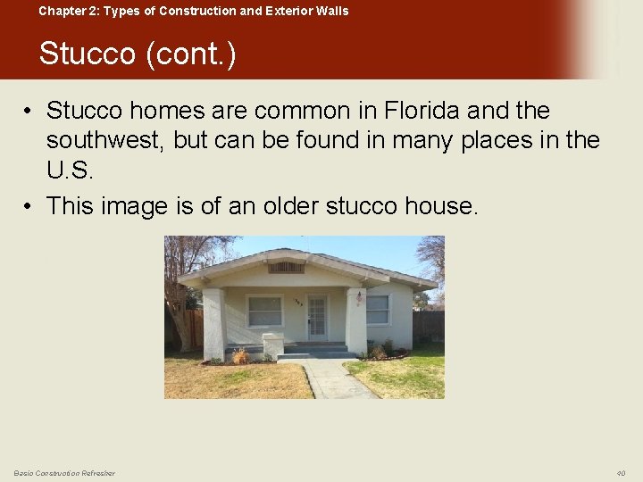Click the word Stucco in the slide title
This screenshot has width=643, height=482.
pyautogui.click(x=88, y=54)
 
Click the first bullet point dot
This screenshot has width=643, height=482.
pyautogui.click(x=30, y=112)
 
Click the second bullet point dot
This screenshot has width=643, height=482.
pyautogui.click(x=30, y=207)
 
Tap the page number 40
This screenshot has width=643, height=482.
pyautogui.click(x=621, y=473)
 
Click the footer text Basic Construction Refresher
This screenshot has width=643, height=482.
pyautogui.click(x=64, y=473)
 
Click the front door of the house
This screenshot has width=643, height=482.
pyautogui.click(x=316, y=317)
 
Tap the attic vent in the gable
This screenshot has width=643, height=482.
pyautogui.click(x=286, y=267)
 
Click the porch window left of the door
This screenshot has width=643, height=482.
pyautogui.click(x=264, y=311)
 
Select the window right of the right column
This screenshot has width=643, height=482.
pyautogui.click(x=378, y=310)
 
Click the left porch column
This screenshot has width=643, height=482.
pyautogui.click(x=214, y=323)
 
